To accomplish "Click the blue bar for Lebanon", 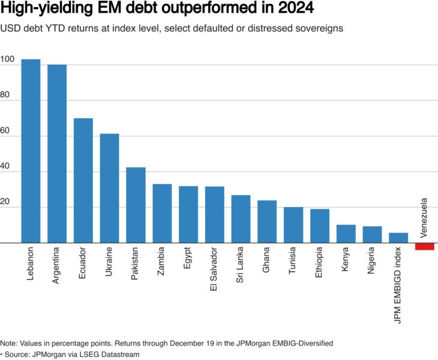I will [x=31, y=151].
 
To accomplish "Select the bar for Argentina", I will [x=57, y=154].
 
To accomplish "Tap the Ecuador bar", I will [x=83, y=181].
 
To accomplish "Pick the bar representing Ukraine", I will [x=109, y=188].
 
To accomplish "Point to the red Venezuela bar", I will [x=425, y=247].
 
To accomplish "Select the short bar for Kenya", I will [x=346, y=234].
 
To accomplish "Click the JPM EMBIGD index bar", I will [x=398, y=238].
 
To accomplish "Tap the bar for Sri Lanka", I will [x=241, y=219].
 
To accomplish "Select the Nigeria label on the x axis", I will [x=372, y=261].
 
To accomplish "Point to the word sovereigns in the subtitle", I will [x=319, y=28].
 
